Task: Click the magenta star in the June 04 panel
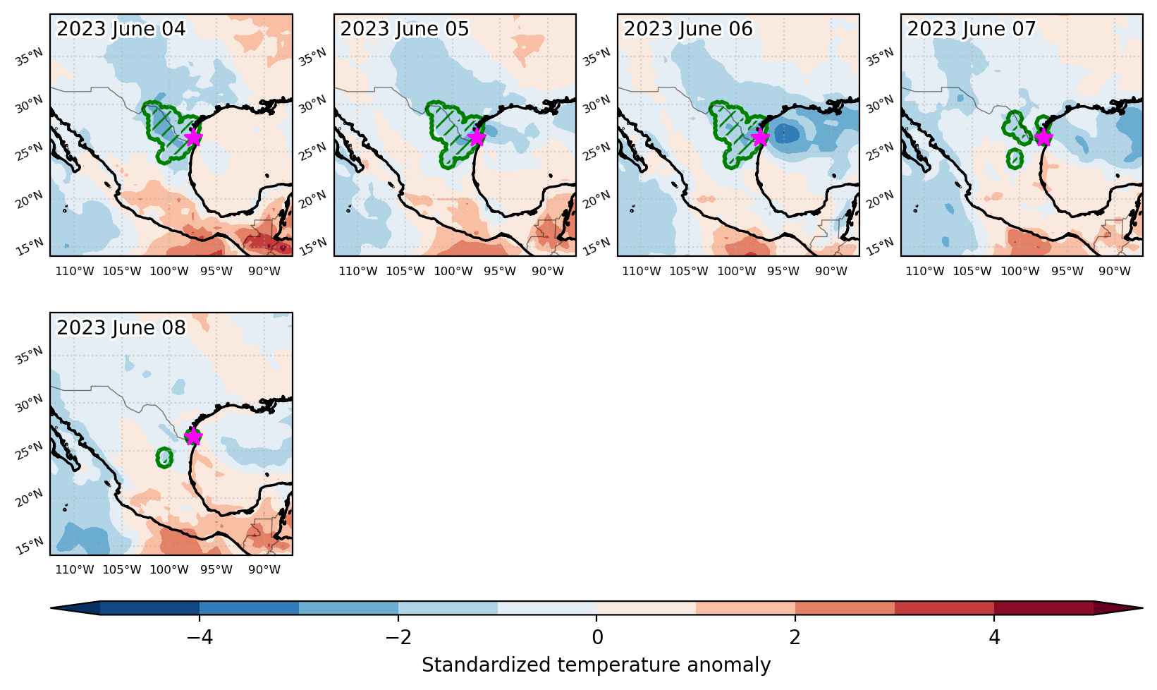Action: point(193,138)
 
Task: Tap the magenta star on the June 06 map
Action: point(760,138)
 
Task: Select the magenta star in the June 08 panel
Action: point(193,437)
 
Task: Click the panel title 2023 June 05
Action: point(405,29)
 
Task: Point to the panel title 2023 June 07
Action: point(972,29)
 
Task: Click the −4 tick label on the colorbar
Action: point(200,638)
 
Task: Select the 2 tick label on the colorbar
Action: point(795,638)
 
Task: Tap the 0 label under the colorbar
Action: point(597,638)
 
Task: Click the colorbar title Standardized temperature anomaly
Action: point(596,665)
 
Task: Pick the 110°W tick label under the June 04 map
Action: point(75,272)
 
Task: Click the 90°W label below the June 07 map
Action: point(1115,272)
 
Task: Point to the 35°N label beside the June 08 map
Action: point(30,356)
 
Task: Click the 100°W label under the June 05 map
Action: point(453,272)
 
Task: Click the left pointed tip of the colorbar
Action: point(51,608)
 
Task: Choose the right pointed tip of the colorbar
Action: point(1142,608)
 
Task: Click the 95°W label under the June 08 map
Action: point(216,569)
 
